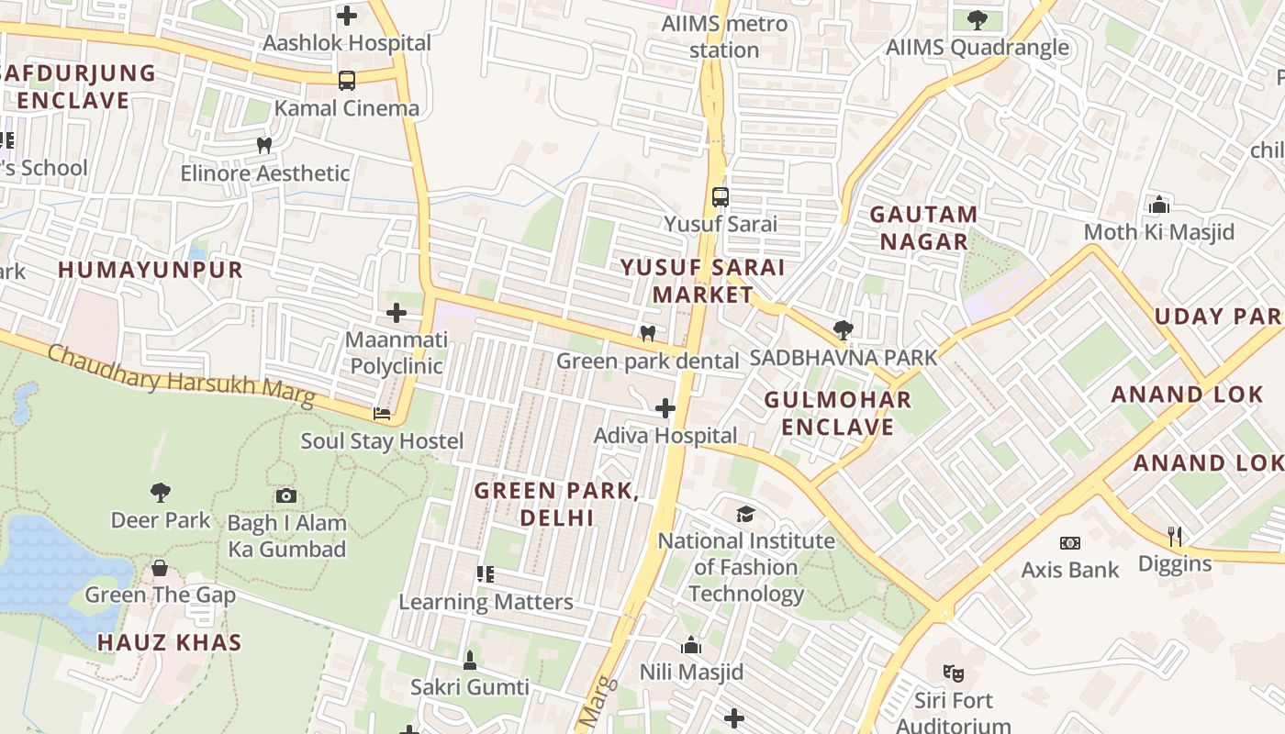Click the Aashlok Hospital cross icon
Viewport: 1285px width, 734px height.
coord(347,15)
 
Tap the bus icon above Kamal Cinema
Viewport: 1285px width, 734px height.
coord(346,81)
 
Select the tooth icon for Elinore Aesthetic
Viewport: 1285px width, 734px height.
coord(264,145)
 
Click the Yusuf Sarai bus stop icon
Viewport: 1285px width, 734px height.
coord(721,196)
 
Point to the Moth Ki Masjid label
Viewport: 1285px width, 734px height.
coord(1159,232)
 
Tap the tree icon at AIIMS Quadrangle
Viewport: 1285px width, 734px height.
coord(978,19)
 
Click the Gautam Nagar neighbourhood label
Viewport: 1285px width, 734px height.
coord(922,228)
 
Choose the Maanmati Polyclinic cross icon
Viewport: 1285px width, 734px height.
coord(397,313)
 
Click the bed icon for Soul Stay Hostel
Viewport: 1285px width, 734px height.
coord(382,414)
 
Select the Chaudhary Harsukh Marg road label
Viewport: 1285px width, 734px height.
coord(181,375)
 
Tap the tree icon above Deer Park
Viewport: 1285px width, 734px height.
coord(161,493)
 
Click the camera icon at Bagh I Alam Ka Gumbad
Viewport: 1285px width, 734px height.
coord(286,496)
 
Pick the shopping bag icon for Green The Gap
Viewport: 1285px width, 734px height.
coord(160,568)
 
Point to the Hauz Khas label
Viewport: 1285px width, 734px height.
coord(170,642)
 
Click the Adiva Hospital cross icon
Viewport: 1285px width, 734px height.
coord(665,408)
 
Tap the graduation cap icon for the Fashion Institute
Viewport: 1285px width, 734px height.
coord(745,514)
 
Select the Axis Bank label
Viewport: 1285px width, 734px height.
coord(1070,570)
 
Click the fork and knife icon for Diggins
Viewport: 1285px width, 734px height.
coord(1175,536)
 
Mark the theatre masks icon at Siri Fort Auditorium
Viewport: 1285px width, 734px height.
coord(953,673)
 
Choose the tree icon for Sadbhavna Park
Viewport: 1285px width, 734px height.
coord(843,330)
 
